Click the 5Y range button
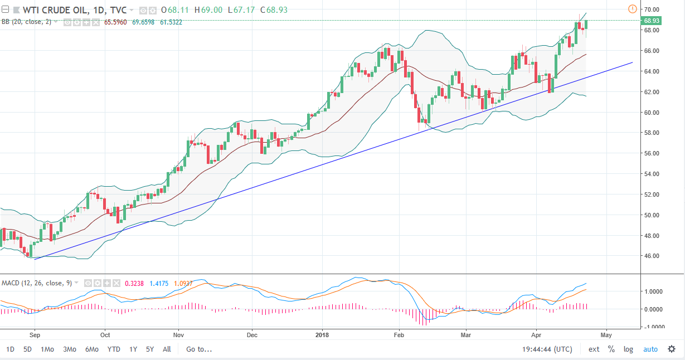click(x=150, y=349)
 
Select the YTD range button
click(x=114, y=349)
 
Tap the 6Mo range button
click(x=92, y=349)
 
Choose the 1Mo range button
click(x=47, y=349)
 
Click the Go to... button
click(x=199, y=349)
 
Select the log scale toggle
click(x=628, y=349)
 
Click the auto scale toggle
click(x=650, y=349)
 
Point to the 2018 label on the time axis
click(x=322, y=335)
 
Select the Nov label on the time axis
click(x=178, y=335)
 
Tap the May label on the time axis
click(x=606, y=335)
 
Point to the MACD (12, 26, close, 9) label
click(x=36, y=283)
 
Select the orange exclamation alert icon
click(x=633, y=9)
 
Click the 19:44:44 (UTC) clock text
click(x=547, y=349)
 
